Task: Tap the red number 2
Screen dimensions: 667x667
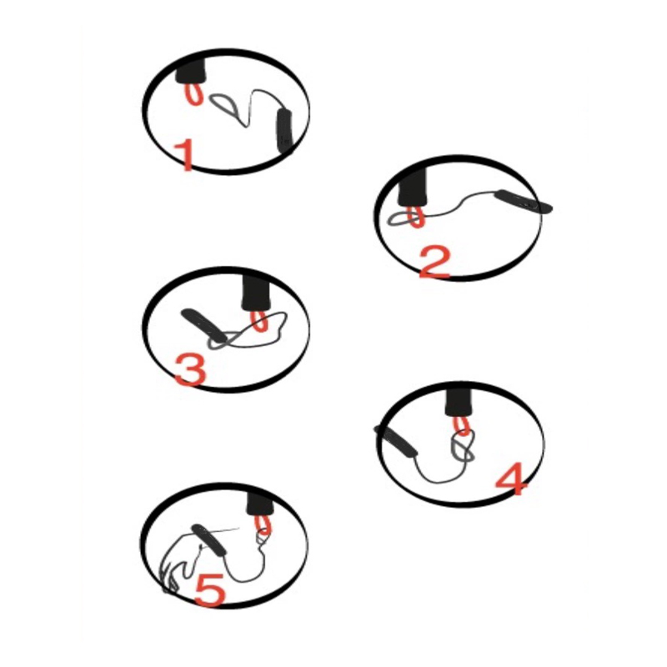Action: (434, 263)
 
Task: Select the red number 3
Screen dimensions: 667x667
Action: (191, 371)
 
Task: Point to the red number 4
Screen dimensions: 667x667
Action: (512, 479)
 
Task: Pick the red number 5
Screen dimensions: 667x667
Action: (210, 589)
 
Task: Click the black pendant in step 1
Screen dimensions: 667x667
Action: (284, 130)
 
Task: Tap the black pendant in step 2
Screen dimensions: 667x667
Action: (524, 201)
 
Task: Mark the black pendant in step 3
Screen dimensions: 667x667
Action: (203, 325)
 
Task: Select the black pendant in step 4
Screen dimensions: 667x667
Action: (395, 442)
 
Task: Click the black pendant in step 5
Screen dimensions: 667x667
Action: (208, 540)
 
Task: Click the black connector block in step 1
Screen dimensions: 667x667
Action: (191, 71)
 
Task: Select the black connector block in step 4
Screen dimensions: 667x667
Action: (459, 402)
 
